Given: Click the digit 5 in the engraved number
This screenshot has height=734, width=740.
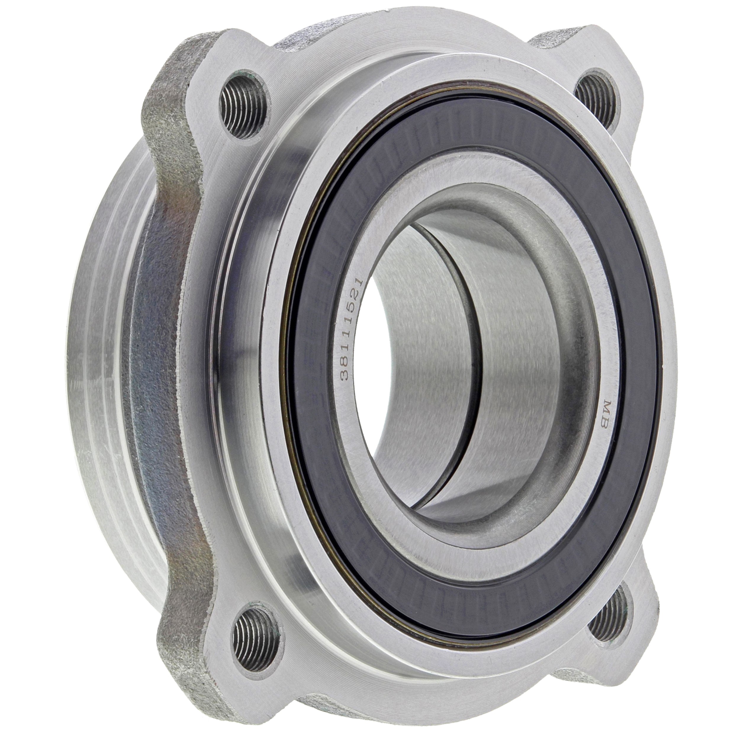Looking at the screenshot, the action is (353, 306).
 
